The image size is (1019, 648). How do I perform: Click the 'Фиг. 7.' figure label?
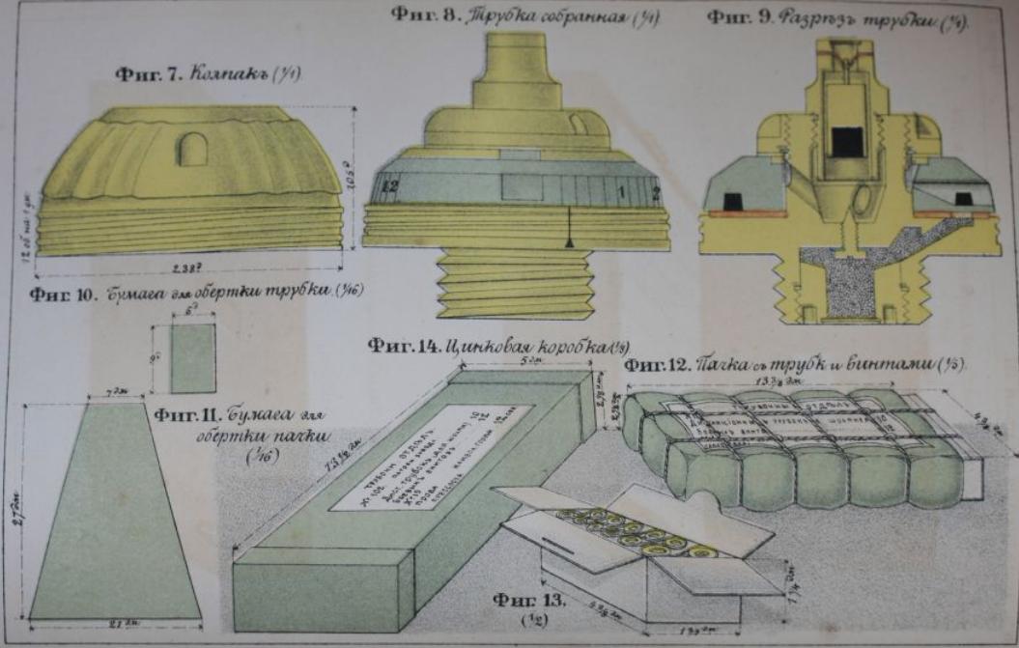146,74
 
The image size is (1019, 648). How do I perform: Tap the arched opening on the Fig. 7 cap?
192,149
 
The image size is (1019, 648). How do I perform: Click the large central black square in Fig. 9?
847,141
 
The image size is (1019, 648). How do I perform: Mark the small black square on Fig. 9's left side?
733,200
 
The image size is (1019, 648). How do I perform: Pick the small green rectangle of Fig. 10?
192,357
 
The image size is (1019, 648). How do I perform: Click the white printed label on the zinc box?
430,456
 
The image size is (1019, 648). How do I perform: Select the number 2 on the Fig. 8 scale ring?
655,191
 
